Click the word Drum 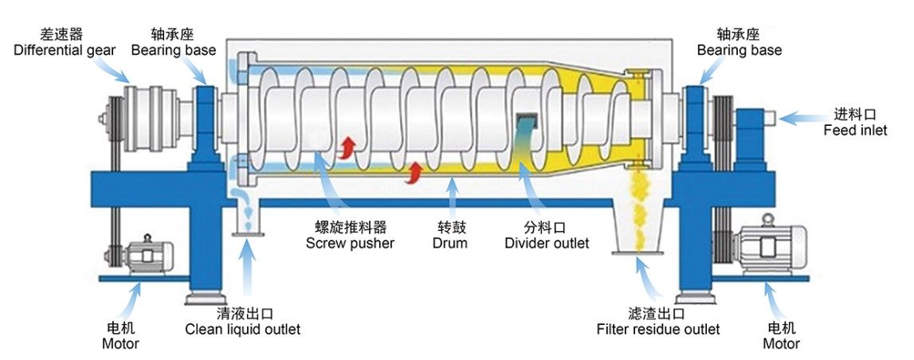449,242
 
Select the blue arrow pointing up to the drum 453,197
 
